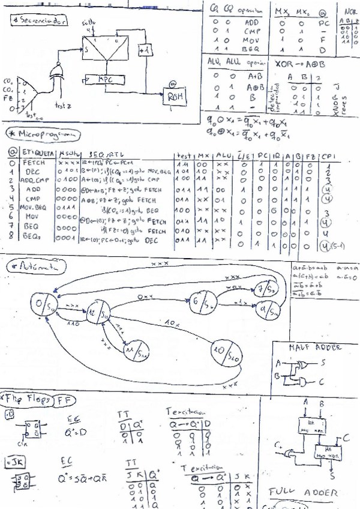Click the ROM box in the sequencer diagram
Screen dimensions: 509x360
[x=175, y=97]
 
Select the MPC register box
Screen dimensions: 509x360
[x=105, y=79]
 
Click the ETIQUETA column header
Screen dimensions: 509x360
[x=40, y=153]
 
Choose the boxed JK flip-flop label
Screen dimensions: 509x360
[x=12, y=462]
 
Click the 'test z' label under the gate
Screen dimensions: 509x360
[x=63, y=106]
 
